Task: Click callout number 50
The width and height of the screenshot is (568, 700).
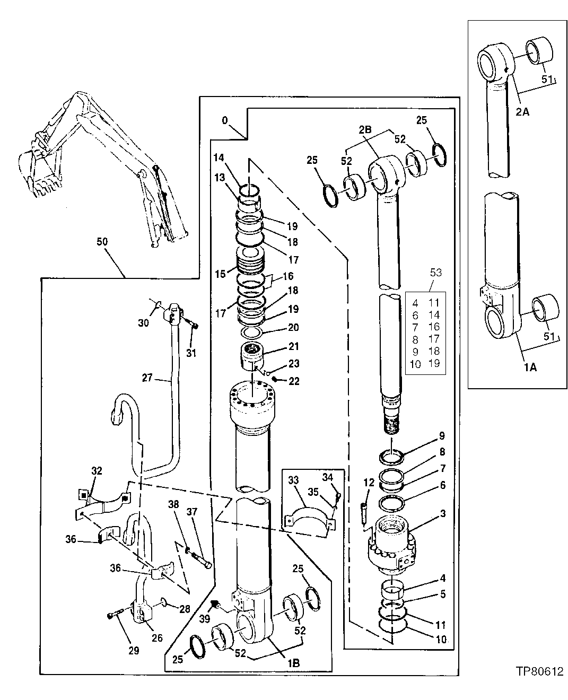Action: (102, 242)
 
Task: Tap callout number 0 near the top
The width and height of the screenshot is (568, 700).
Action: (225, 121)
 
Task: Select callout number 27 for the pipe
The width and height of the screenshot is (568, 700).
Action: (147, 378)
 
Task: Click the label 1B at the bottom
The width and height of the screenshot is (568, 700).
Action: (293, 662)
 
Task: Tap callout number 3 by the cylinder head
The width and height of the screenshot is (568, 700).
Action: (442, 513)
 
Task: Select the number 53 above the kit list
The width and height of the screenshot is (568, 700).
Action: (435, 274)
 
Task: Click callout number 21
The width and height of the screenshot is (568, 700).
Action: (293, 347)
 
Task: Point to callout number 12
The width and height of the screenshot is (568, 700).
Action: (369, 483)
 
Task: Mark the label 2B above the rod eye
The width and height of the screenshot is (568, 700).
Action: (365, 129)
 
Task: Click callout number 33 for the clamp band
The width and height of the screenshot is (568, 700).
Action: (293, 481)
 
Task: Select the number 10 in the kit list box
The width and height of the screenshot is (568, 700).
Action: (416, 364)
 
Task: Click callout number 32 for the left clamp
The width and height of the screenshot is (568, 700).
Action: (97, 470)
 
